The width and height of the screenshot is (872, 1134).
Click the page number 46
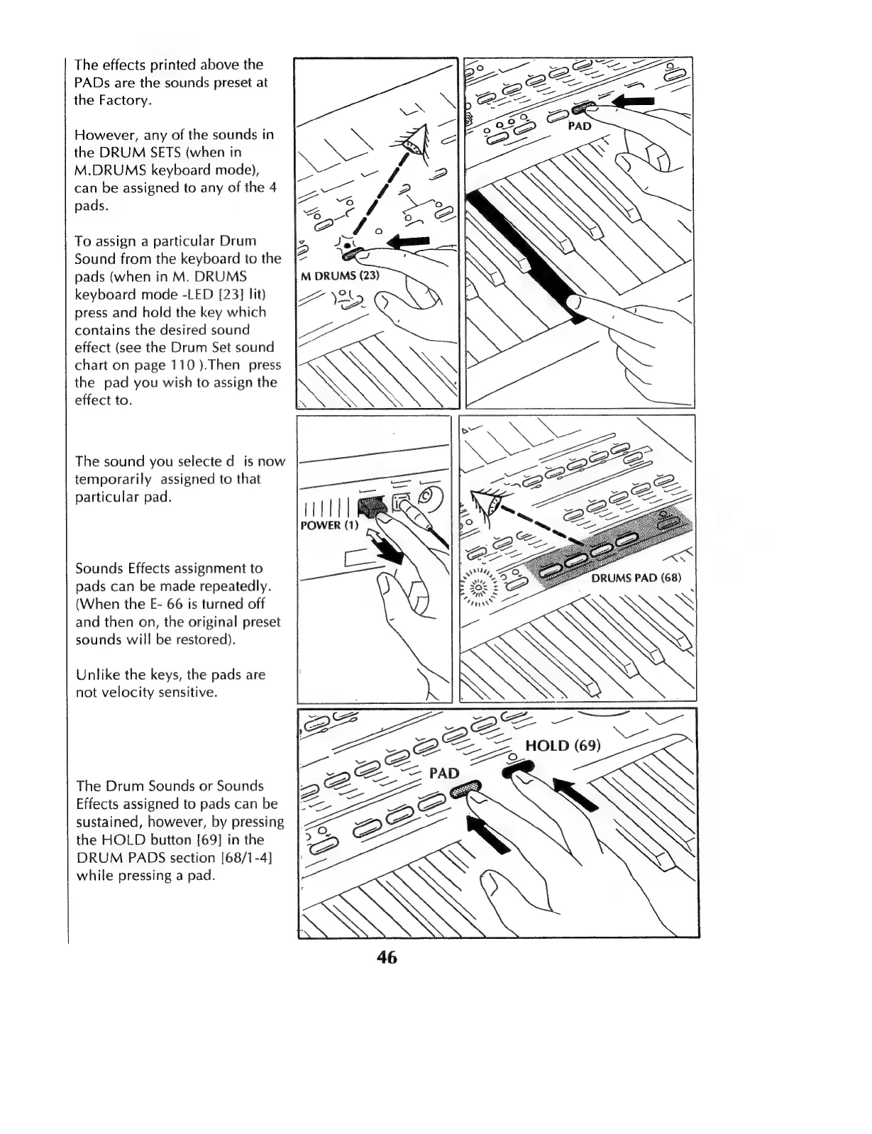pos(387,957)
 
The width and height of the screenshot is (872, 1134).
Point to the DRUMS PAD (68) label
pos(636,577)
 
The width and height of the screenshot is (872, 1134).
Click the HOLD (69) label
pos(563,745)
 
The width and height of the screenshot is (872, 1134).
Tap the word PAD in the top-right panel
pos(580,126)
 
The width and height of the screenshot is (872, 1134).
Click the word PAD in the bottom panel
pos(444,773)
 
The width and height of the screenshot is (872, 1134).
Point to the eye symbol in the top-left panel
pos(413,143)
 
